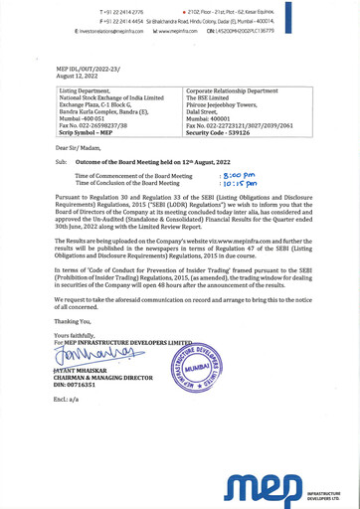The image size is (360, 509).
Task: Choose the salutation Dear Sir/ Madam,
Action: (69, 146)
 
